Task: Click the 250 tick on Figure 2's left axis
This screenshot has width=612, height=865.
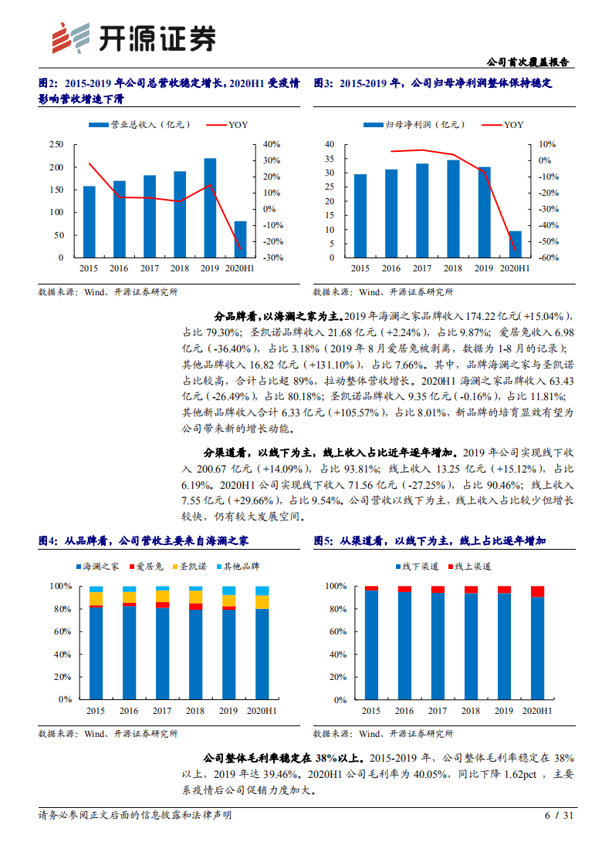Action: (x=56, y=144)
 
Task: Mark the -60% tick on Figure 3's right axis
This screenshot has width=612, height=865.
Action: (x=548, y=257)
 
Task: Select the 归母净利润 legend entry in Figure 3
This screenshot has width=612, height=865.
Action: (x=413, y=124)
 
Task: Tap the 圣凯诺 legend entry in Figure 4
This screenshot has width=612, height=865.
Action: (x=188, y=567)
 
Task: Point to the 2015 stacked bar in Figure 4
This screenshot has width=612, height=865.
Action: (x=96, y=642)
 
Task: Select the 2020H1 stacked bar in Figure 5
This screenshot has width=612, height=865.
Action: (x=537, y=642)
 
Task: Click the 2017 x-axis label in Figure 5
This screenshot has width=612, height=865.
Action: (x=438, y=710)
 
